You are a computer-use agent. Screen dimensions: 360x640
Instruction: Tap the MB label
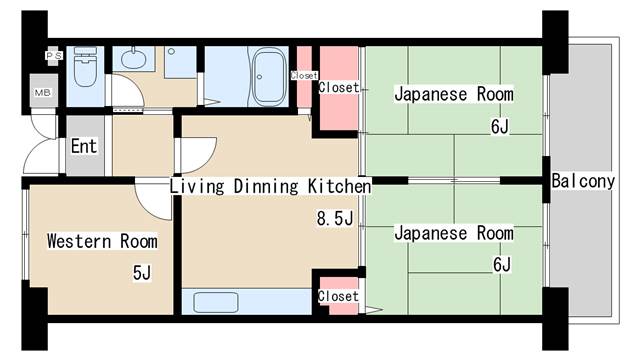pyautogui.click(x=44, y=93)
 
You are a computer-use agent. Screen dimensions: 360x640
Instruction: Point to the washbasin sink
pyautogui.click(x=134, y=59)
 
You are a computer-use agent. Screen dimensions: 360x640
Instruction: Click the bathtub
pyautogui.click(x=269, y=75)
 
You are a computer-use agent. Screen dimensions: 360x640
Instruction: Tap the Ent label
pyautogui.click(x=84, y=147)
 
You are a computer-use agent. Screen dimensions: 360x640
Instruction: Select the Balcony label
pyautogui.click(x=583, y=182)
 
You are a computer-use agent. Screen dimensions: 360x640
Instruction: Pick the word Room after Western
pyautogui.click(x=138, y=241)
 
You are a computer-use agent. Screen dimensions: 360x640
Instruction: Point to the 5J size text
pyautogui.click(x=141, y=272)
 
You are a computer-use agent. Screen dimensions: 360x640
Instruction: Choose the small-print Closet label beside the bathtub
pyautogui.click(x=303, y=75)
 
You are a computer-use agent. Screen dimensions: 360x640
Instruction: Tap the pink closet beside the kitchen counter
pyautogui.click(x=338, y=297)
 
